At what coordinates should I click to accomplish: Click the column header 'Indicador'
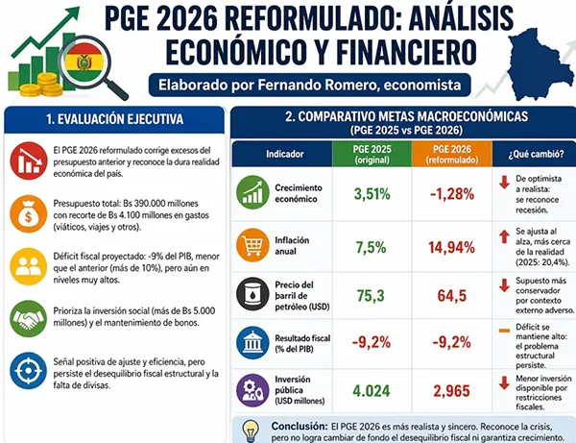[285, 154]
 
